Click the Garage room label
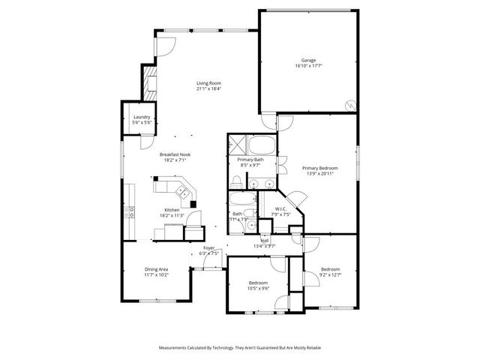pos(308,60)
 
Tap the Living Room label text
pos(208,83)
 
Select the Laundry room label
pos(142,117)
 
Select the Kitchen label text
pos(172,210)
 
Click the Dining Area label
pos(156,269)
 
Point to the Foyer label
pos(208,247)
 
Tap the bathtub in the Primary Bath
pos(262,145)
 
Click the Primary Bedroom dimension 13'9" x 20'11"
pos(319,173)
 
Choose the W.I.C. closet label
pos(281,209)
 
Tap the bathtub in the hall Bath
pos(242,199)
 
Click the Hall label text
pos(265,241)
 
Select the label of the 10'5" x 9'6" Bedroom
pos(257,283)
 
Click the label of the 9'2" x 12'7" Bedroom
pos(330,269)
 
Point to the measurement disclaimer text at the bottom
pos(239,348)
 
